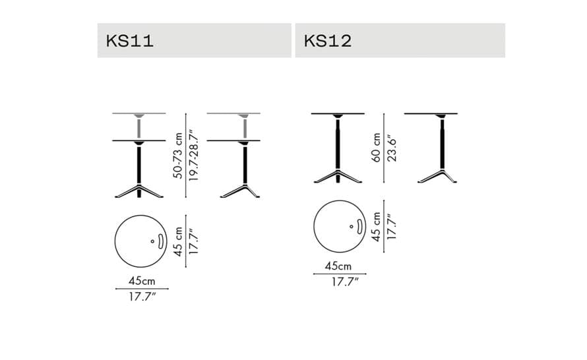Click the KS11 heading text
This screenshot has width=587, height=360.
point(129,41)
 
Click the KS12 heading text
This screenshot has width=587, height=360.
point(328,41)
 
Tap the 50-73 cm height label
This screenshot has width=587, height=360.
point(178,156)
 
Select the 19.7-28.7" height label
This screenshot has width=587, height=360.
point(193,156)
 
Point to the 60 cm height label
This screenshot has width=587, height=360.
point(376,148)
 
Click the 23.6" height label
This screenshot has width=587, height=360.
point(392,148)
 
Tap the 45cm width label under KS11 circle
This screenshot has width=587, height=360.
point(142,281)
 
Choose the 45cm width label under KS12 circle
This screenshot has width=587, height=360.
point(338,266)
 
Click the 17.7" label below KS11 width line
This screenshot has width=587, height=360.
point(142,297)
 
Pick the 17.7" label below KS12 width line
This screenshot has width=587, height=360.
point(345,282)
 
